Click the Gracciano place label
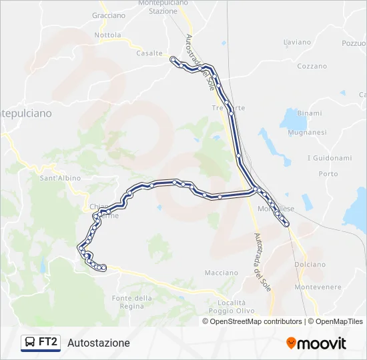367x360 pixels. pyautogui.click(x=109, y=15)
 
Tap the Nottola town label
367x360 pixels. pyautogui.click(x=108, y=35)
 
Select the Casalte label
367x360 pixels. pyautogui.click(x=149, y=53)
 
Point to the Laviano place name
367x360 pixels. pyautogui.click(x=297, y=42)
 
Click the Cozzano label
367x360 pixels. pyautogui.click(x=312, y=67)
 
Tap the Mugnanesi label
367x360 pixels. pyautogui.click(x=307, y=133)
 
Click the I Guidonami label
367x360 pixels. pyautogui.click(x=329, y=158)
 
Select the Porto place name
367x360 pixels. pyautogui.click(x=328, y=174)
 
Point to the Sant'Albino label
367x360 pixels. pyautogui.click(x=60, y=178)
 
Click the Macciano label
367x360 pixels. pyautogui.click(x=222, y=273)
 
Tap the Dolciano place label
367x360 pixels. pyautogui.click(x=310, y=265)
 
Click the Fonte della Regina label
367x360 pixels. pyautogui.click(x=133, y=301)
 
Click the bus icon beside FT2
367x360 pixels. pyautogui.click(x=29, y=343)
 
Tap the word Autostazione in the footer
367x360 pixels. pyautogui.click(x=99, y=343)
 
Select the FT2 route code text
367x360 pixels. pyautogui.click(x=48, y=343)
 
